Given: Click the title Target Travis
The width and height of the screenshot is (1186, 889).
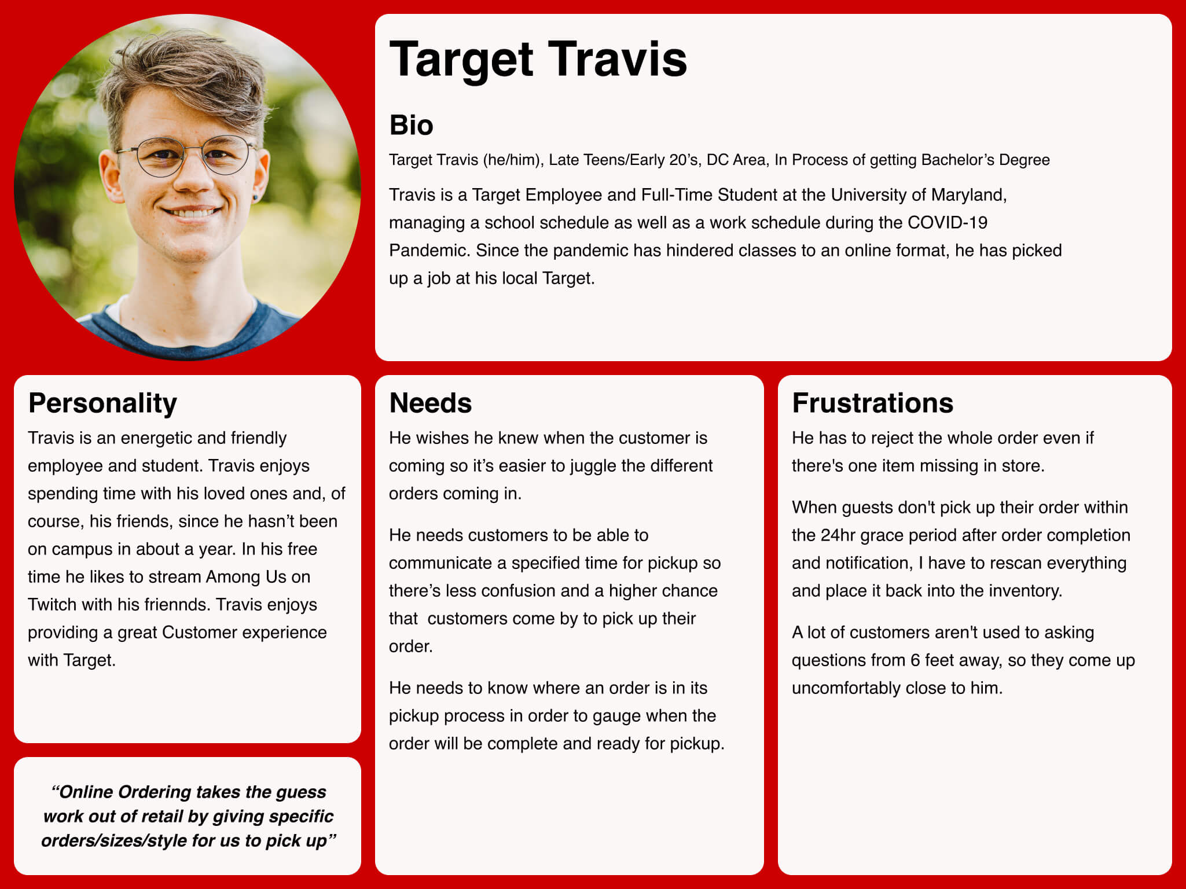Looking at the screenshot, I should pyautogui.click(x=538, y=60).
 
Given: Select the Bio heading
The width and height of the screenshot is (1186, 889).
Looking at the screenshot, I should pyautogui.click(x=411, y=125).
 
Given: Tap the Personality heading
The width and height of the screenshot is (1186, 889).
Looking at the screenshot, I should pyautogui.click(x=102, y=403).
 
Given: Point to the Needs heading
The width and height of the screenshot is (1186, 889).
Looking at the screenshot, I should pyautogui.click(x=430, y=403).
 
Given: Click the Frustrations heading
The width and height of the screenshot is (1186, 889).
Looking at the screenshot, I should pyautogui.click(x=872, y=403).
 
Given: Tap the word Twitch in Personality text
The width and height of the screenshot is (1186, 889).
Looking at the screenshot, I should pyautogui.click(x=52, y=605).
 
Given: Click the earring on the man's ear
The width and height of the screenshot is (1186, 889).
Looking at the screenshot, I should pyautogui.click(x=255, y=198).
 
